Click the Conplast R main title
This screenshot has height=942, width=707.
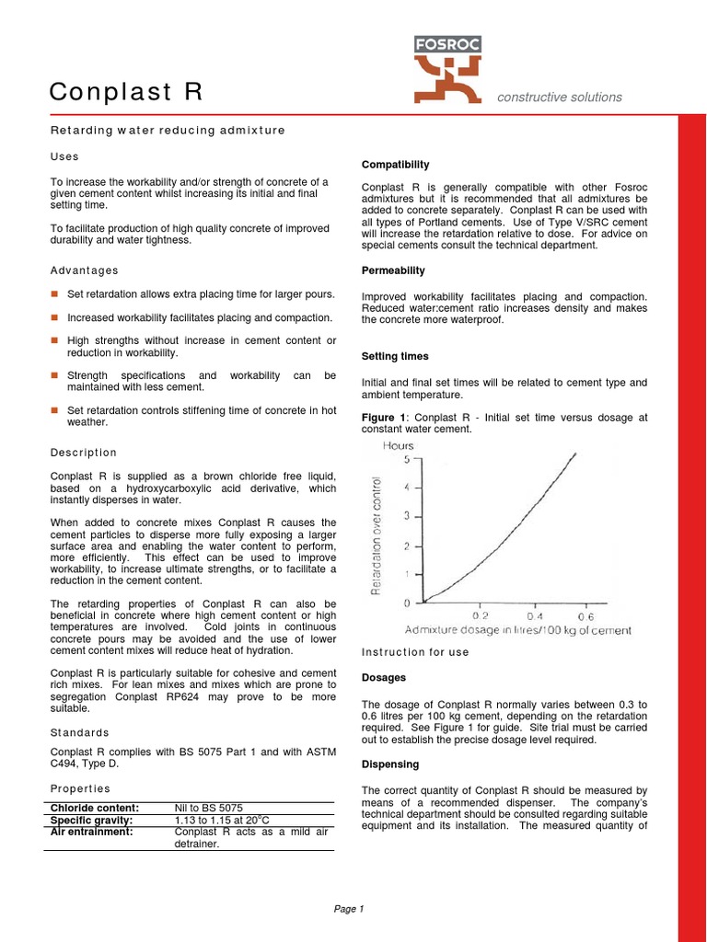click(x=125, y=92)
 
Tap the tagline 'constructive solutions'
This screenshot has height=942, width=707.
click(x=560, y=98)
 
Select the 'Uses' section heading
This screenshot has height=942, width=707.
click(x=64, y=157)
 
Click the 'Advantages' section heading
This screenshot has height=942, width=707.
click(x=85, y=270)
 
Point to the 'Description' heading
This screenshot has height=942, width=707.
click(x=84, y=453)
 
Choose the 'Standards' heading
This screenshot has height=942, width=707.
click(x=79, y=732)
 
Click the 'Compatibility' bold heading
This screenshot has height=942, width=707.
click(x=395, y=165)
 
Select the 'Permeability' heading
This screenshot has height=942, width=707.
click(x=393, y=270)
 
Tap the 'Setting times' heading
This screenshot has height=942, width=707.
click(x=395, y=356)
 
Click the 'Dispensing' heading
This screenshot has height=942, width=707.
click(x=390, y=764)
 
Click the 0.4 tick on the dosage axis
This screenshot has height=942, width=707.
click(x=535, y=615)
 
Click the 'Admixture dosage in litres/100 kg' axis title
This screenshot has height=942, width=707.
click(x=518, y=631)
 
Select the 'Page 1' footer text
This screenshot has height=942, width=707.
click(x=349, y=909)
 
